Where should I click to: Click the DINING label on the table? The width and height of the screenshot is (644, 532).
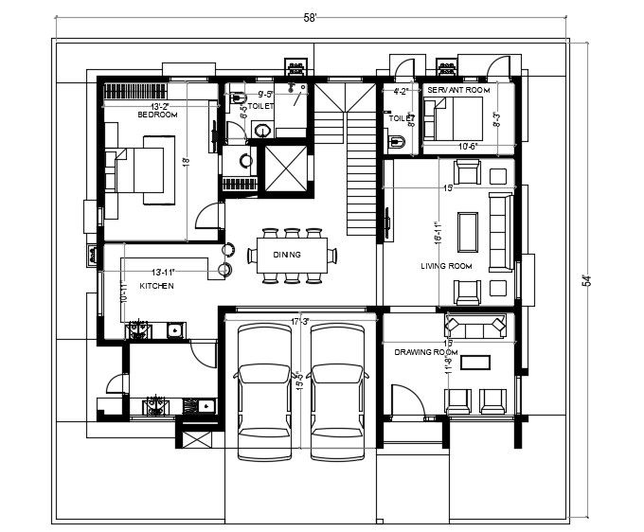click(x=287, y=255)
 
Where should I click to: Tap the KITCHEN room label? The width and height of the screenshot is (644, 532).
click(x=156, y=285)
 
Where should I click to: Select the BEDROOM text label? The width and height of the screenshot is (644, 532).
click(x=157, y=115)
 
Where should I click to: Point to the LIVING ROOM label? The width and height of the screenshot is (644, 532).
click(x=446, y=266)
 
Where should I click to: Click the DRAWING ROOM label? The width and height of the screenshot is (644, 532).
click(x=427, y=352)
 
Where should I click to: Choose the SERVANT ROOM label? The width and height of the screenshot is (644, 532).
click(x=457, y=89)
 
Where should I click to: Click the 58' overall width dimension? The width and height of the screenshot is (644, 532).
click(x=311, y=18)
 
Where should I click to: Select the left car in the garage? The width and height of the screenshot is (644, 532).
click(x=261, y=391)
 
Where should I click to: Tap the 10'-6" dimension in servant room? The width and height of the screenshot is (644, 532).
click(x=467, y=147)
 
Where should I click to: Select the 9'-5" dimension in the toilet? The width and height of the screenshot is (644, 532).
click(x=265, y=95)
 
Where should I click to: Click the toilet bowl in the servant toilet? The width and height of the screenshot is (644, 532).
click(x=399, y=143)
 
